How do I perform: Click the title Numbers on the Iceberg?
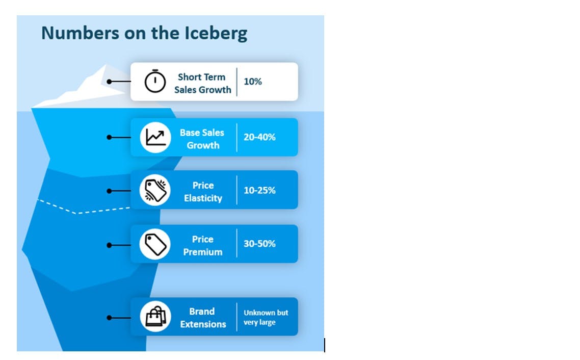[x=144, y=33]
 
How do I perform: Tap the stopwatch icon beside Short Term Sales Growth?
[x=155, y=82]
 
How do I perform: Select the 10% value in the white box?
[x=253, y=82]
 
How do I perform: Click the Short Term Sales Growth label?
[x=202, y=83]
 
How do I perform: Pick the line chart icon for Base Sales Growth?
[x=155, y=137]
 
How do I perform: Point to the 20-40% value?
[x=259, y=137]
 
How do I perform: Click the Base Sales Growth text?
[x=202, y=139]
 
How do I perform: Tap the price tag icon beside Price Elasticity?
[x=155, y=191]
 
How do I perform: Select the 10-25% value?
[x=259, y=191]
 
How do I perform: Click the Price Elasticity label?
[x=203, y=192]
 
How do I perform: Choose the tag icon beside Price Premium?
[x=155, y=245]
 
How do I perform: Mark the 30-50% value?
[x=259, y=244]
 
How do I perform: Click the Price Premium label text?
[x=203, y=245]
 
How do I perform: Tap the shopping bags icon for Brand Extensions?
[x=155, y=317]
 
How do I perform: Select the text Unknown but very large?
[x=266, y=317]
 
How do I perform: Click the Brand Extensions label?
[x=203, y=318]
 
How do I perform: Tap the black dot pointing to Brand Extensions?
[x=109, y=317]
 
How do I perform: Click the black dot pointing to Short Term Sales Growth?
[x=109, y=82]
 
